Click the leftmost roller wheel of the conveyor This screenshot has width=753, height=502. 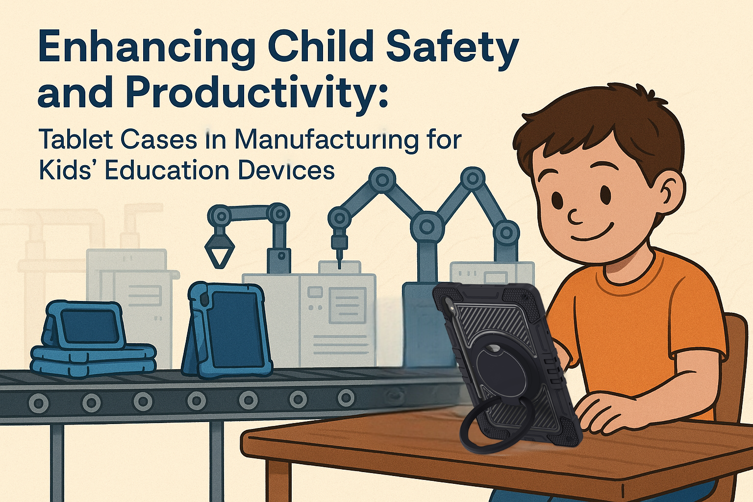pyautogui.click(x=39, y=403)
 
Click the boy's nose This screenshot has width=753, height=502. pyautogui.click(x=574, y=216)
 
